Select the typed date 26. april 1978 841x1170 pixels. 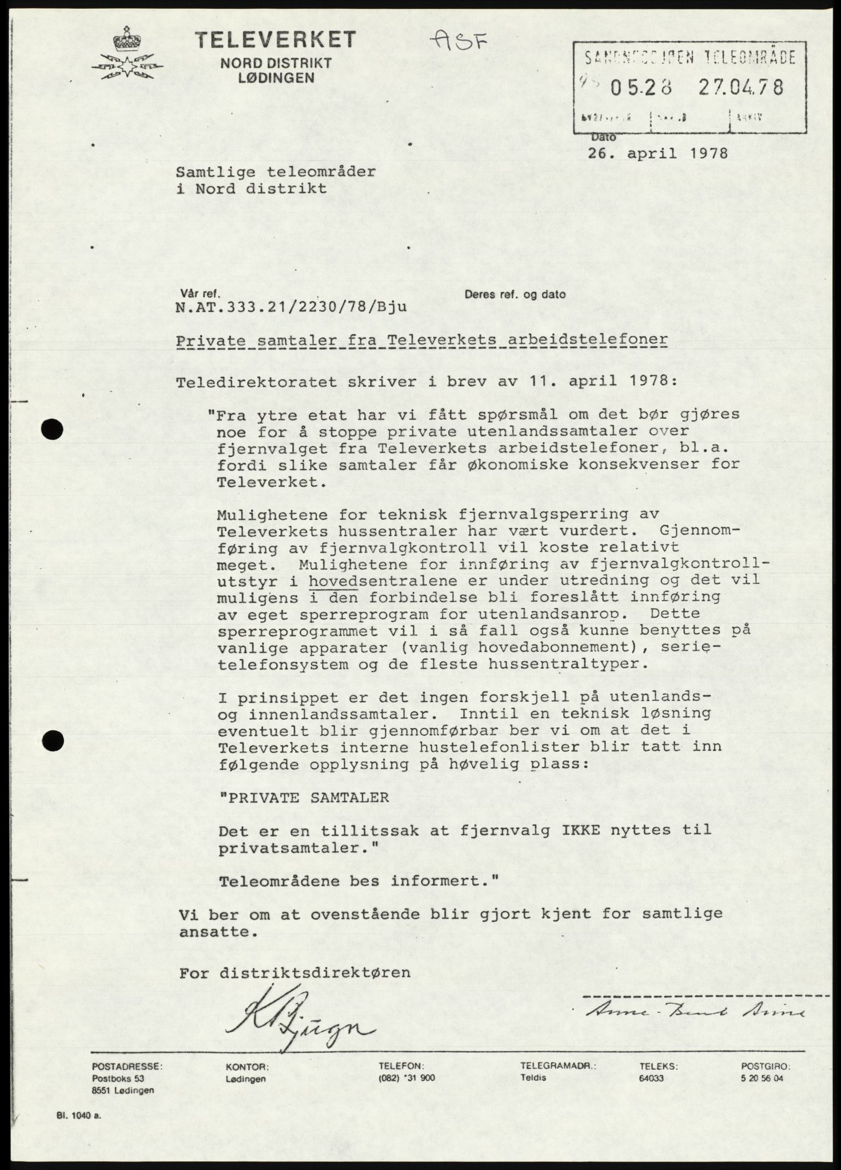click(657, 154)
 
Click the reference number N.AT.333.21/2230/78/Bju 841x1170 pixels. click(291, 307)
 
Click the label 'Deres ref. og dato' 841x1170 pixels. click(515, 295)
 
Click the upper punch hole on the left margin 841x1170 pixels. click(53, 428)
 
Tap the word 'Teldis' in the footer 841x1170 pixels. click(534, 1078)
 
